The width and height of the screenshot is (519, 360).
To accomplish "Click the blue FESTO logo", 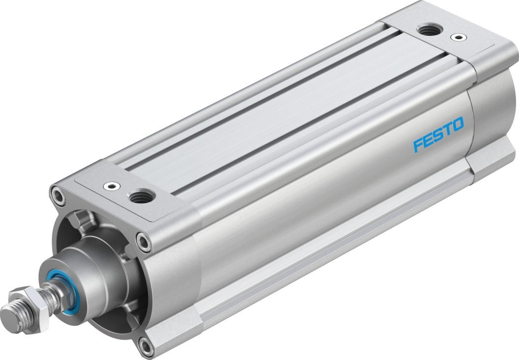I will pyautogui.click(x=438, y=134).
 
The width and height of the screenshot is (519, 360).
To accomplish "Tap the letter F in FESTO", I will pyautogui.click(x=419, y=145).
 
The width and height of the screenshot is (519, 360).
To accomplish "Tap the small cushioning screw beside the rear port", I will pyautogui.click(x=459, y=37).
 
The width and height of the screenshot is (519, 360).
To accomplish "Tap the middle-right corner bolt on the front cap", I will pyautogui.click(x=144, y=242).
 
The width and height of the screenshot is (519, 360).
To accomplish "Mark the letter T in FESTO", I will pyautogui.click(x=447, y=129).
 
